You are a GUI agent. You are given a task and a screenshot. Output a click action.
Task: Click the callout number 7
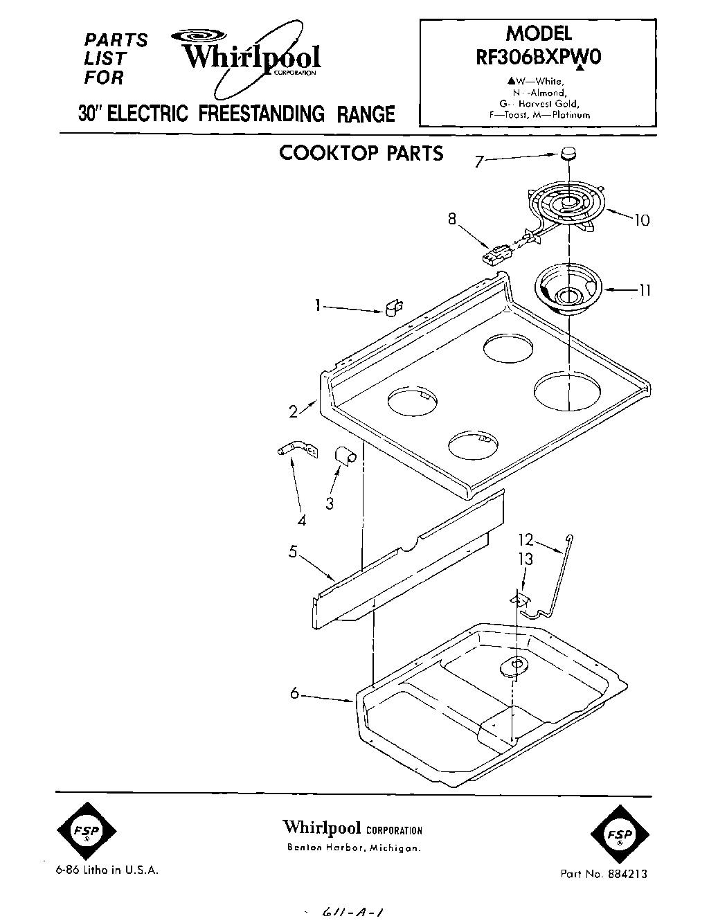coord(478,162)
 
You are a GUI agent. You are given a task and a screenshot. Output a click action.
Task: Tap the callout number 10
coord(641,220)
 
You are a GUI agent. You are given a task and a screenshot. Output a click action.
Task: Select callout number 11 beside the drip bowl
coord(644,291)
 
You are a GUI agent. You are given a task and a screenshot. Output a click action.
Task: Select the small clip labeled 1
coord(394,306)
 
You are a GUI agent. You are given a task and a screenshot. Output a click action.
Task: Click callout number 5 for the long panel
coord(293,552)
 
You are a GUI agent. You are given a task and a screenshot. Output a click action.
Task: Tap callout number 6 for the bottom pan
coord(294,693)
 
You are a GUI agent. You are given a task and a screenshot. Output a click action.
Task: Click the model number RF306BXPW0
coord(539,58)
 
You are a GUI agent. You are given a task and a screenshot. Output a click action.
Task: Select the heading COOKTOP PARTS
coord(361,153)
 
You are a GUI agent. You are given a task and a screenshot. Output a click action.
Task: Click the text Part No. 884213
coord(604,874)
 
